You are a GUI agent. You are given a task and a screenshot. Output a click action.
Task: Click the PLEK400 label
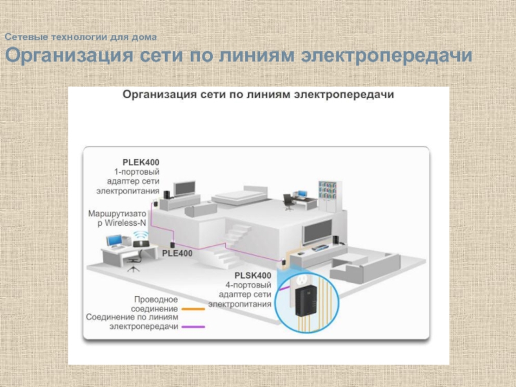pos(141,162)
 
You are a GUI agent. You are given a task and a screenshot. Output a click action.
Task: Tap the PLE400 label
pos(177,253)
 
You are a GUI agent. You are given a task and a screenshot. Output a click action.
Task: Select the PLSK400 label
pos(253,275)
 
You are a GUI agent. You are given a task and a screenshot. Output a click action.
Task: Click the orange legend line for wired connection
pos(193,309)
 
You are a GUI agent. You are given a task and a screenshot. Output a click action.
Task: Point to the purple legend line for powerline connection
pos(193,326)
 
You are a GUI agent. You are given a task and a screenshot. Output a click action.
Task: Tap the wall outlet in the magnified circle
pos(302,281)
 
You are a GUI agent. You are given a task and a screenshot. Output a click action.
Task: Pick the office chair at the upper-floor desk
pos(288,202)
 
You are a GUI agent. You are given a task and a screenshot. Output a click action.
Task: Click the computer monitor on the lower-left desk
pos(115,241)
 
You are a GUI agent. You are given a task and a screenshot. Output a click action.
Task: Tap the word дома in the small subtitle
pos(144,38)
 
